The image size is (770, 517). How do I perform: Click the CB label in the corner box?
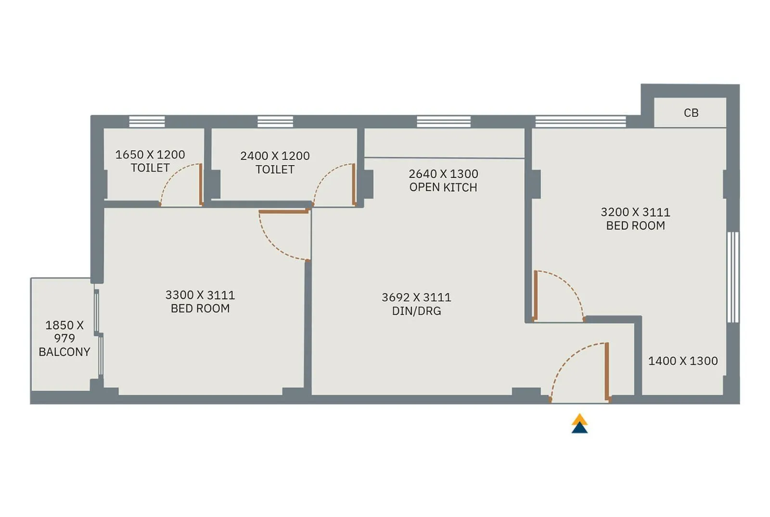(x=691, y=113)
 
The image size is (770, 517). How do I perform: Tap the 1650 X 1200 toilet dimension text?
(x=150, y=155)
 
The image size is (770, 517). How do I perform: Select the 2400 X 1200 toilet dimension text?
(x=275, y=156)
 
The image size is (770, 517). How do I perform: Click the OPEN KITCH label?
(x=443, y=187)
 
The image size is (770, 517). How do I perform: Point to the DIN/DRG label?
(x=416, y=311)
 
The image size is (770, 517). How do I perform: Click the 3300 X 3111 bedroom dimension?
(x=200, y=295)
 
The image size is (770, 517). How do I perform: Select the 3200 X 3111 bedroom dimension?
(x=635, y=212)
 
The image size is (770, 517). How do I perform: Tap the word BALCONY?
(x=64, y=352)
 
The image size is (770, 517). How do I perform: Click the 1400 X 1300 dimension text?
(x=682, y=361)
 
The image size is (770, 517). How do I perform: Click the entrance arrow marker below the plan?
(x=579, y=424)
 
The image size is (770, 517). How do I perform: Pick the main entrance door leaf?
(x=607, y=371)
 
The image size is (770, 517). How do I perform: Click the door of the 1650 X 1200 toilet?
(x=201, y=185)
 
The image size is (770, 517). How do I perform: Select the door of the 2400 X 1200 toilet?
(x=354, y=185)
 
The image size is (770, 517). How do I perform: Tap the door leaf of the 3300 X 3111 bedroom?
(x=284, y=211)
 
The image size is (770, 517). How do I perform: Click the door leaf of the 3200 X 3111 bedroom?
(x=535, y=295)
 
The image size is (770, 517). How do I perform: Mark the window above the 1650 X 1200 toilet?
(x=147, y=121)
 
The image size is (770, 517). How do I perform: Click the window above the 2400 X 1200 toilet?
(x=275, y=121)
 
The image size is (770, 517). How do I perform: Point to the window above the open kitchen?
(x=443, y=121)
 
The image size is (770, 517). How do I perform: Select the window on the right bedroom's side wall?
(x=732, y=277)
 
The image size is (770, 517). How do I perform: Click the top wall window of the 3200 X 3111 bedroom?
(x=580, y=121)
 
